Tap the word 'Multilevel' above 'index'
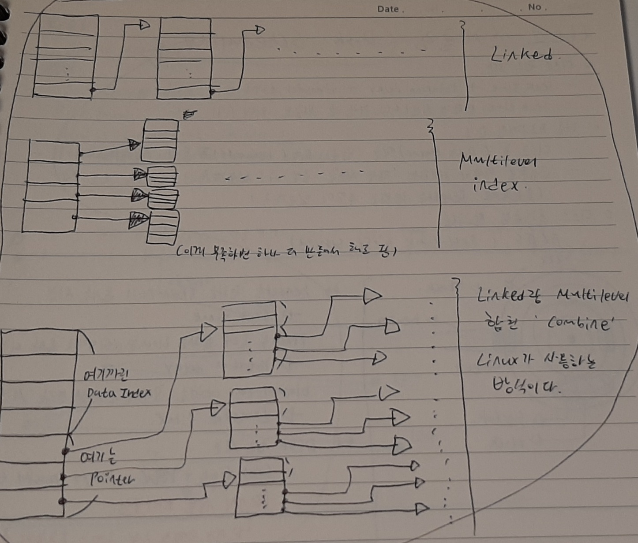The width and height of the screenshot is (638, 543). (498, 162)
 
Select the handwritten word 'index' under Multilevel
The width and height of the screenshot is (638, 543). (496, 186)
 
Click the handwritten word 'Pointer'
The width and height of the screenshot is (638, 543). (113, 479)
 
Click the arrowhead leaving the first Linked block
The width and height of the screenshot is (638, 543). (144, 25)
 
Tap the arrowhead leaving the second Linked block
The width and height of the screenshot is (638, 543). (260, 30)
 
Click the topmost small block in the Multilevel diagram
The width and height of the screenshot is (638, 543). (160, 140)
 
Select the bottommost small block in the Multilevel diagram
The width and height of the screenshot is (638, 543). (162, 227)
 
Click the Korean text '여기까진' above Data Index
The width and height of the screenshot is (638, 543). (106, 375)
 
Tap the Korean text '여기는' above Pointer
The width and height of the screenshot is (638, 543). (98, 458)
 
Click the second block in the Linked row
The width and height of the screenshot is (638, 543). (185, 59)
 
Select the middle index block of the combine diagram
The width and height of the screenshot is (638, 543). (254, 417)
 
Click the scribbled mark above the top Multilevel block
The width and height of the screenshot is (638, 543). (189, 115)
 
